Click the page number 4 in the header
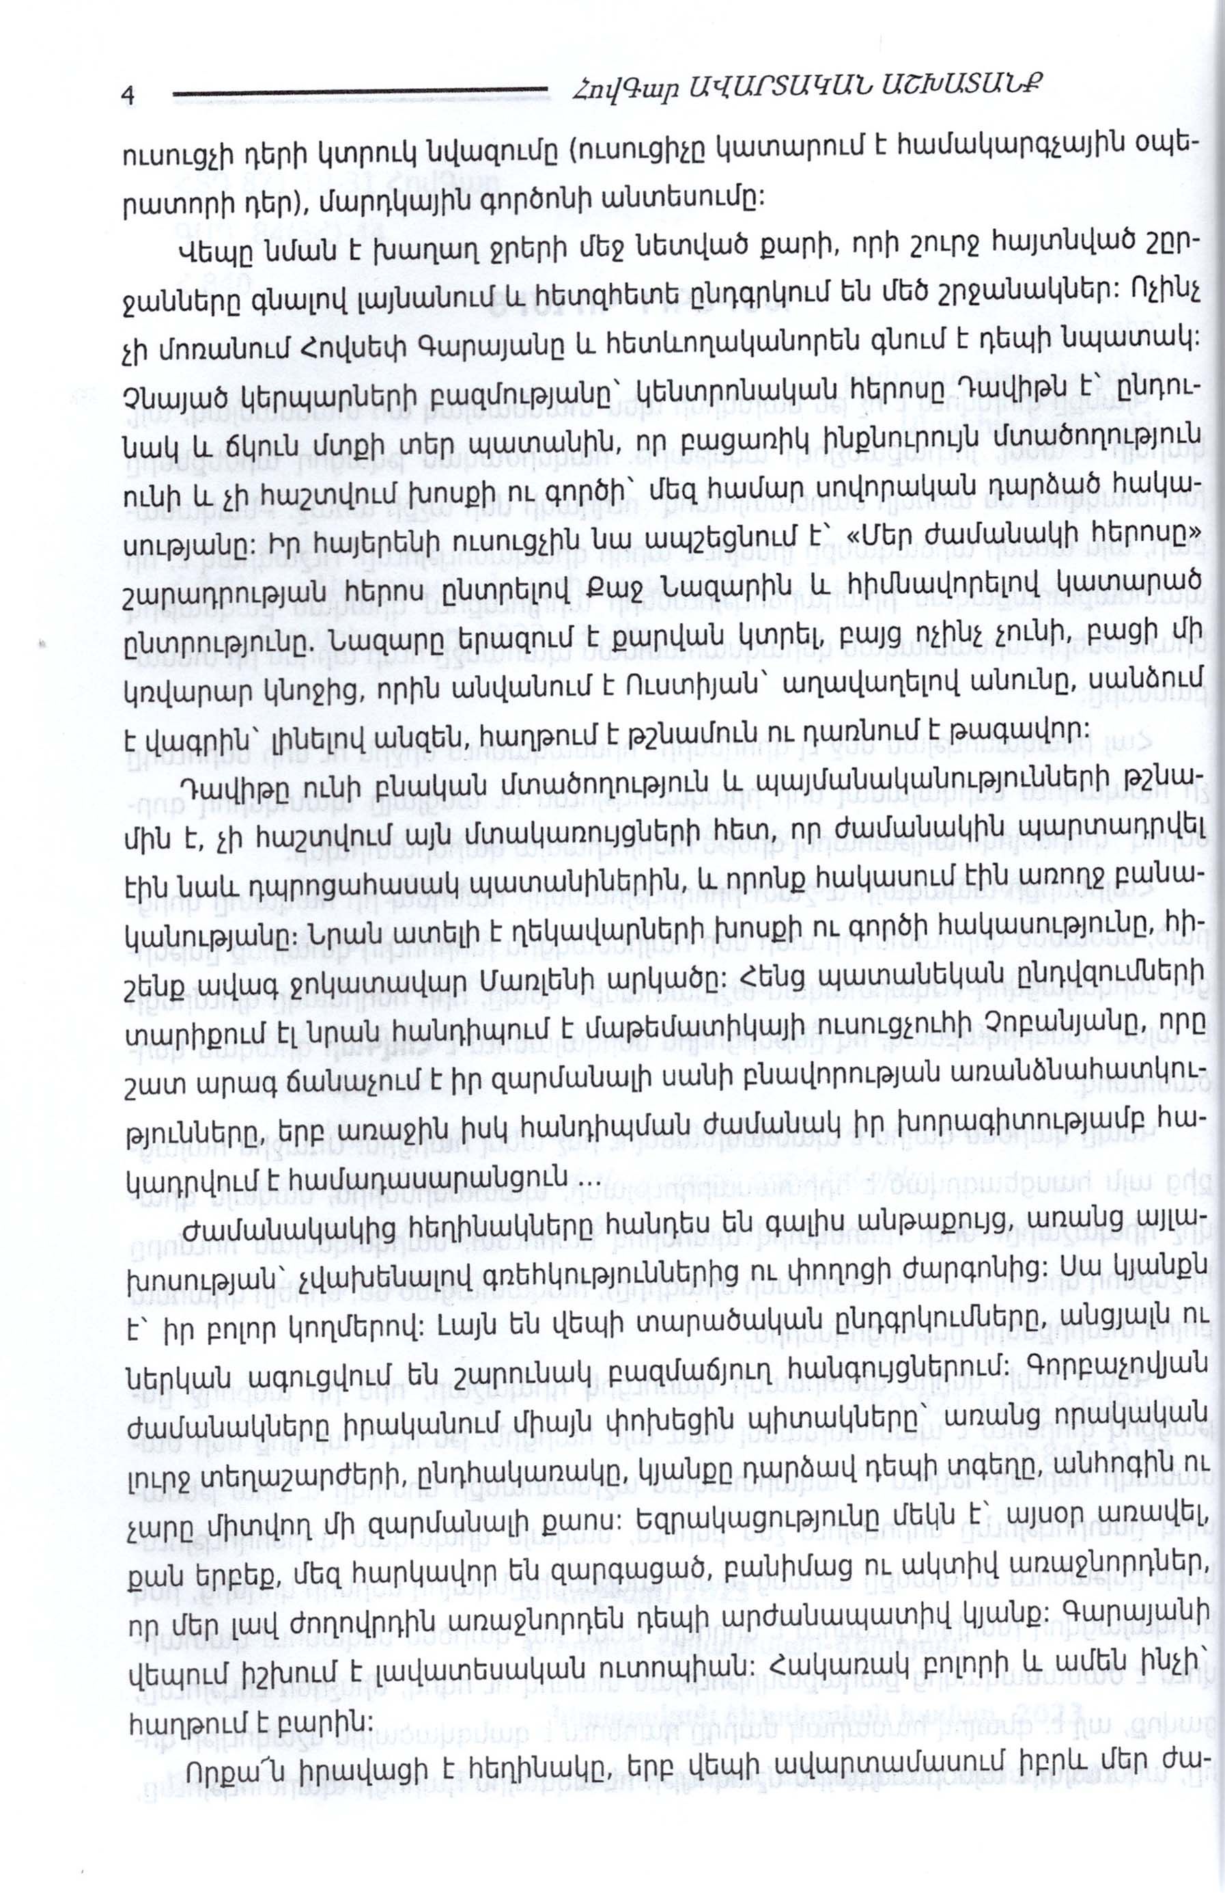point(127,94)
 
